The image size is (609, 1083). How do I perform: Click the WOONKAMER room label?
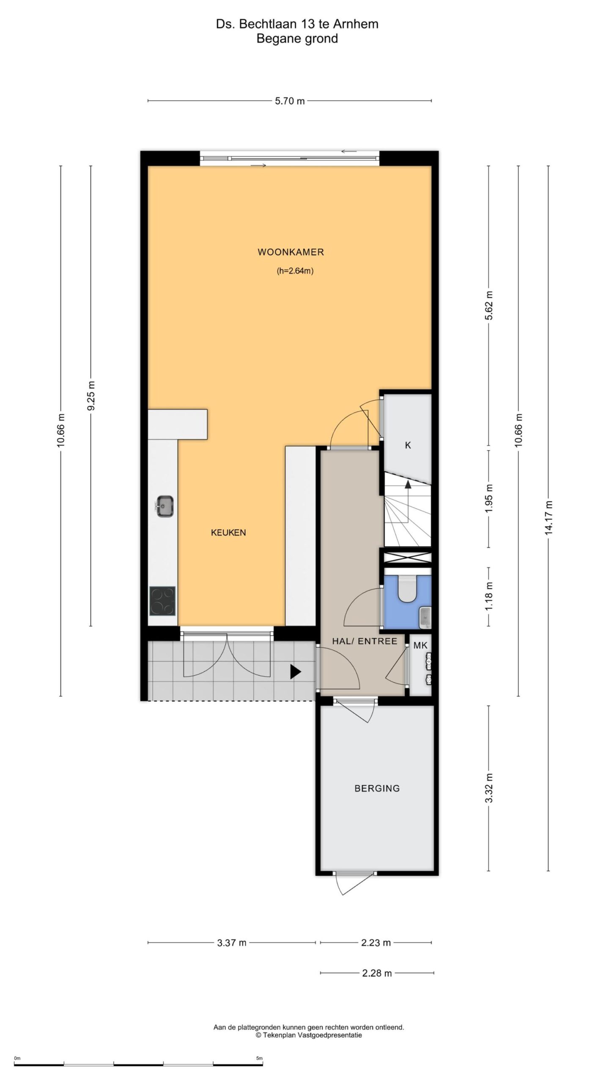291,253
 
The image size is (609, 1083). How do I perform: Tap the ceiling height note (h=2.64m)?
295,271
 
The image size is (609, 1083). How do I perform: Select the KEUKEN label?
228,533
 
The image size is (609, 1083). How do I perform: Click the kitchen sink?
165,506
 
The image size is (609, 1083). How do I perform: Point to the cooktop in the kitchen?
162,601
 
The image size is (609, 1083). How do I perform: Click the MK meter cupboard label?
420,645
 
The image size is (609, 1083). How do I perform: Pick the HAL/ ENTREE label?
365,641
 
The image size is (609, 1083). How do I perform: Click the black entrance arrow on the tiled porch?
295,671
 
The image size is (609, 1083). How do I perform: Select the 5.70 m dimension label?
290,101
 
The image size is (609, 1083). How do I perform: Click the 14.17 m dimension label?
549,517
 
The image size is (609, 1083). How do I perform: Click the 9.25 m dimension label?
90,396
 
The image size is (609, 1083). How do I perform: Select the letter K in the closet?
408,445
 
